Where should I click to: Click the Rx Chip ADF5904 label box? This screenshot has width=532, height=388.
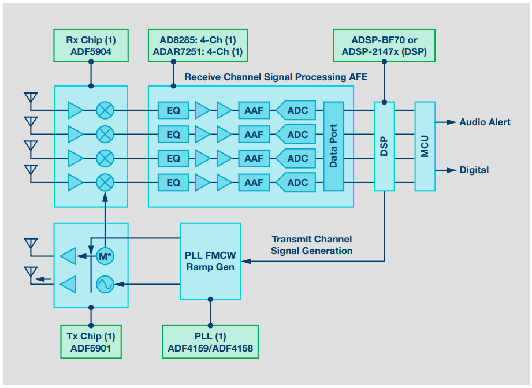point(90,46)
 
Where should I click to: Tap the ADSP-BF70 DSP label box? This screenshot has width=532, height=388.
point(384,46)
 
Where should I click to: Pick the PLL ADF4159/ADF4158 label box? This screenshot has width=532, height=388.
point(210,342)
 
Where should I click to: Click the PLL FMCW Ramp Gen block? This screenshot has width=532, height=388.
point(210,261)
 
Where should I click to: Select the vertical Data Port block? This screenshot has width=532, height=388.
point(333,146)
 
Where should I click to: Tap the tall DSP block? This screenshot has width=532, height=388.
point(384,146)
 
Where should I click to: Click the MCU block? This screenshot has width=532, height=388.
point(425,146)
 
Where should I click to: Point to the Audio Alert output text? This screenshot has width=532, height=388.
point(485,122)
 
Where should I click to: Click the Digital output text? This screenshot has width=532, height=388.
point(474,170)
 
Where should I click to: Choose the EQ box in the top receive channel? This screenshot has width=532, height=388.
point(173,110)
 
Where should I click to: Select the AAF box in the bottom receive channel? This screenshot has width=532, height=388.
point(254,182)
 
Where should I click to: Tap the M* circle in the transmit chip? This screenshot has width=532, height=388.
point(105,255)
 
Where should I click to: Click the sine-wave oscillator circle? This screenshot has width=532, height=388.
point(105,284)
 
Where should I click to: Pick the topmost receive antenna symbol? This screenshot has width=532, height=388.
point(31,99)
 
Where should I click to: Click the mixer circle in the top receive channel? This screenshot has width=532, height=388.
point(105,110)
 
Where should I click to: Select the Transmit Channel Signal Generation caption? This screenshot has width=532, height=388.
point(312,245)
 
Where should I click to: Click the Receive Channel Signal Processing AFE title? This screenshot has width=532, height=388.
point(276,77)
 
